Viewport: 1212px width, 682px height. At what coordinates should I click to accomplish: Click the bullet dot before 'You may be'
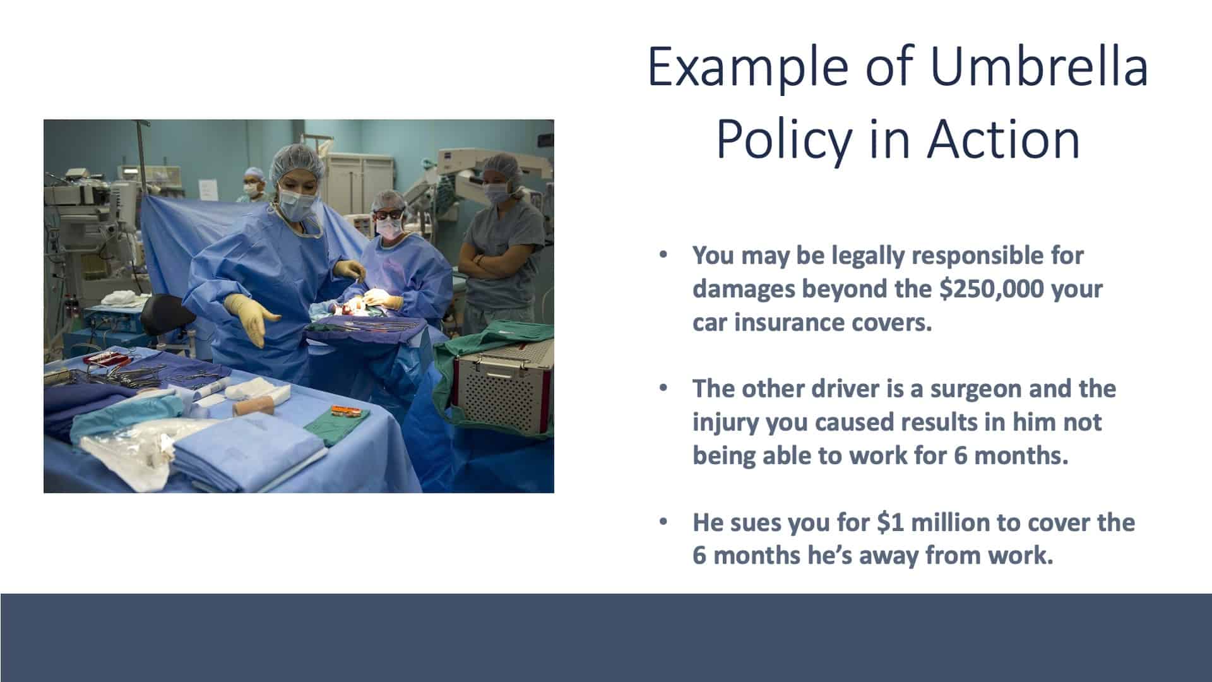(x=662, y=256)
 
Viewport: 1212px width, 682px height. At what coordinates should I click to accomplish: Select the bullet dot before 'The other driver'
(x=662, y=388)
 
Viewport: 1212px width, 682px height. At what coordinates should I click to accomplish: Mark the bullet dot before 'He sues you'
(x=662, y=522)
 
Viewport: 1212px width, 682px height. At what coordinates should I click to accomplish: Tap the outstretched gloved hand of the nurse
(x=251, y=319)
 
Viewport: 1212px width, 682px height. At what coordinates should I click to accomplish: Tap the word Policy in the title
(x=783, y=140)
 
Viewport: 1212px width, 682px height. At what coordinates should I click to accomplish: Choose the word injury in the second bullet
(x=726, y=422)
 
